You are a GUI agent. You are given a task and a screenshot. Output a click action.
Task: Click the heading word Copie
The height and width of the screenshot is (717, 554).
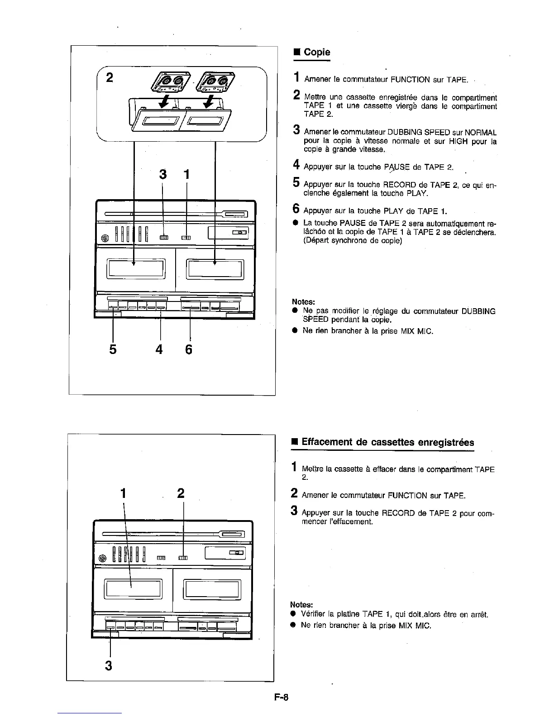click(317, 52)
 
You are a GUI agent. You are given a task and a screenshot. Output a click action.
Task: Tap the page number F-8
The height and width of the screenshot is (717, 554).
click(281, 697)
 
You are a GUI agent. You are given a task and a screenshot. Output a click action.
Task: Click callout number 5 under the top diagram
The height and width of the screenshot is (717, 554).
click(113, 349)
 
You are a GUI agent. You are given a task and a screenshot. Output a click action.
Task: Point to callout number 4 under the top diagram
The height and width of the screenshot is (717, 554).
click(159, 349)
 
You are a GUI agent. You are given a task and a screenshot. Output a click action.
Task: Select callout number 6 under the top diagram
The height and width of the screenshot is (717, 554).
click(189, 349)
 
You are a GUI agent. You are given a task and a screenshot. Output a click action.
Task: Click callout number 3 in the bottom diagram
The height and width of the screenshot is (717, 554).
click(109, 665)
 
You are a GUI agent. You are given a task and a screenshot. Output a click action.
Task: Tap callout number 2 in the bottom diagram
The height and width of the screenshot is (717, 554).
click(181, 493)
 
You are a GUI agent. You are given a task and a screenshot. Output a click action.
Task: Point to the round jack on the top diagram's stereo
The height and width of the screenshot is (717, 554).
click(105, 237)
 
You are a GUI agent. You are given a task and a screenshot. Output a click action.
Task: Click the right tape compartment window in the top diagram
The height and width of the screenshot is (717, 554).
click(215, 270)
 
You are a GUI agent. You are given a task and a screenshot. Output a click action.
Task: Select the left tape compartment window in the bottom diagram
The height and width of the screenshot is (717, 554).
click(133, 588)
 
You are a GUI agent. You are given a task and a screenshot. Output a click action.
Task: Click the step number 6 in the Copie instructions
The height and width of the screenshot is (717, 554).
click(296, 209)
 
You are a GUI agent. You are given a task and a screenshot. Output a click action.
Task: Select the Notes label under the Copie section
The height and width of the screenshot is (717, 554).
click(303, 301)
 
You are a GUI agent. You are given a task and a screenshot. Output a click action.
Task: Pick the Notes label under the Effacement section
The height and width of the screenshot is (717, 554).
click(301, 605)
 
